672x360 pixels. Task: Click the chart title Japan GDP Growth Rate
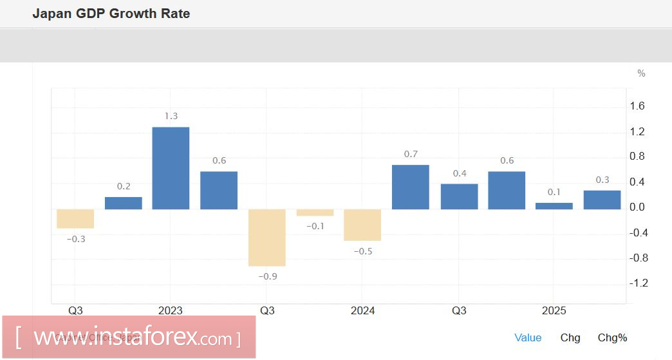pyautogui.click(x=111, y=14)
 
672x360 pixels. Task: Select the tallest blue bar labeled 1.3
pyautogui.click(x=171, y=167)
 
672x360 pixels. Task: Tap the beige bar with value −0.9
pyautogui.click(x=267, y=237)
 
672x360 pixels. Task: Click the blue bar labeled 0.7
pyautogui.click(x=411, y=187)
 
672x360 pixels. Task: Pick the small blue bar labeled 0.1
pyautogui.click(x=554, y=206)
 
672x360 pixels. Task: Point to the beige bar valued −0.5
pyautogui.click(x=362, y=225)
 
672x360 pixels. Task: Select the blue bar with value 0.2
pyautogui.click(x=124, y=203)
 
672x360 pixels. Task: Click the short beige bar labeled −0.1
pyautogui.click(x=315, y=213)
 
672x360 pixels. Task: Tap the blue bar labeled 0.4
pyautogui.click(x=459, y=196)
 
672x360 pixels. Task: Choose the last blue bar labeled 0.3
pyautogui.click(x=602, y=200)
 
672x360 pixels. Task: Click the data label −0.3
pyautogui.click(x=76, y=239)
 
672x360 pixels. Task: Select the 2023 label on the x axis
pyautogui.click(x=170, y=311)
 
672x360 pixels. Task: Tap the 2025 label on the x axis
pyautogui.click(x=554, y=311)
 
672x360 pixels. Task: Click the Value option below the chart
pyautogui.click(x=528, y=337)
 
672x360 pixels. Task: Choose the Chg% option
pyautogui.click(x=612, y=337)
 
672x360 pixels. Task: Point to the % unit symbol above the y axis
pyautogui.click(x=641, y=73)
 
